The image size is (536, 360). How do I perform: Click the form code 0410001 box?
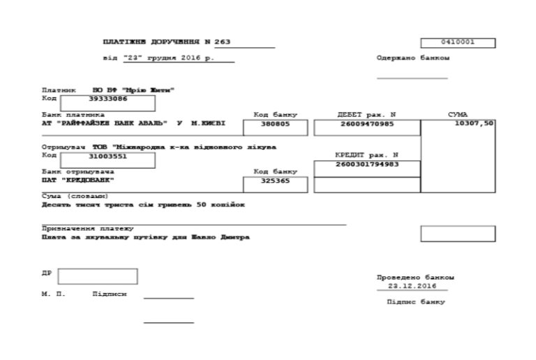click(458, 43)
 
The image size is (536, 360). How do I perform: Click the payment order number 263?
click(222, 43)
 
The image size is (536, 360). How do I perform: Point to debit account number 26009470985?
click(367, 125)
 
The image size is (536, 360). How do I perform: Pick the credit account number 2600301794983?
click(367, 165)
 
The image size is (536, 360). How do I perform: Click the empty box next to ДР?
click(98, 276)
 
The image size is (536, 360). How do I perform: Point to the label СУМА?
click(458, 114)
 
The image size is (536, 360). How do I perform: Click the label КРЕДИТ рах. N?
click(366, 155)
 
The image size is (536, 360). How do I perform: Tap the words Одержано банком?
click(413, 58)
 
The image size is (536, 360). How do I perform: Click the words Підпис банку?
click(415, 302)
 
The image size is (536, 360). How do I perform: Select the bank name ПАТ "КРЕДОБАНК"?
click(77, 180)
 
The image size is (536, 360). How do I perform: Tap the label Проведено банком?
click(415, 277)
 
